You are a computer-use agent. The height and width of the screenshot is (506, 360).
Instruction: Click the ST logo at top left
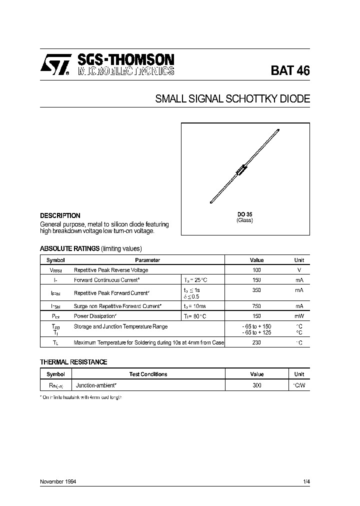(54, 65)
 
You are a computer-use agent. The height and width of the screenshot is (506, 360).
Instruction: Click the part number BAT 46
(290, 71)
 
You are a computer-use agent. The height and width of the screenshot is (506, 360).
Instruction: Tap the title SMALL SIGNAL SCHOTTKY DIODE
(232, 99)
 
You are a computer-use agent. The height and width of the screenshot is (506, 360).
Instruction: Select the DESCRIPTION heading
(60, 216)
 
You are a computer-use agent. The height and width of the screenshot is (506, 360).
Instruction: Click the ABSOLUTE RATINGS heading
(69, 248)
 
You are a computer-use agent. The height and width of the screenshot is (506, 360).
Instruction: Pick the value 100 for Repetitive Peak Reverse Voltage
(256, 270)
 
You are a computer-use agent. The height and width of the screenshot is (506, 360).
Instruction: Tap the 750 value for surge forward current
(256, 305)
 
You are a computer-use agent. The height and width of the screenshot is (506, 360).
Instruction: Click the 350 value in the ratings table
(256, 290)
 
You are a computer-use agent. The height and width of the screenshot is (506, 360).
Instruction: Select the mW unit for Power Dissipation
(299, 316)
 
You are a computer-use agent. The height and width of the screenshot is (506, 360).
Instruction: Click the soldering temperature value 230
(256, 342)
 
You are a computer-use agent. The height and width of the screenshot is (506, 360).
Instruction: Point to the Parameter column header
(147, 260)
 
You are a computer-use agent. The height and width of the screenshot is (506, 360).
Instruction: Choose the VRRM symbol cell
(55, 270)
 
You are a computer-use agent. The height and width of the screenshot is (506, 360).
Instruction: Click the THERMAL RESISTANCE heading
(73, 362)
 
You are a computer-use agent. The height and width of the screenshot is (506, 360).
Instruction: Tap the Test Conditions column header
(148, 374)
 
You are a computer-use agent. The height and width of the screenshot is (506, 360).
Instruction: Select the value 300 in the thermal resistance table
(256, 386)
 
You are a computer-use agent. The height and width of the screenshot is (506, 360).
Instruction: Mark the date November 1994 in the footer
(58, 481)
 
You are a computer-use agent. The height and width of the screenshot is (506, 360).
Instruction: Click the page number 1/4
(306, 481)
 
